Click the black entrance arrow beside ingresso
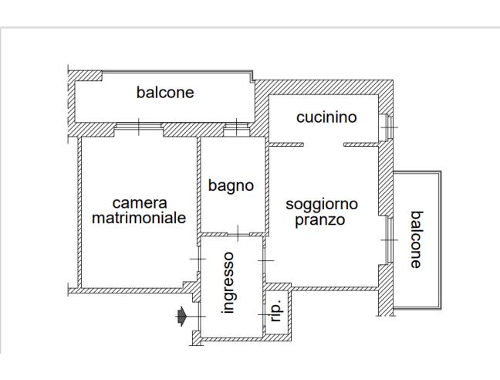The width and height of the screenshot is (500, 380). coord(181,315)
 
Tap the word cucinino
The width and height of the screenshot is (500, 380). coord(326,117)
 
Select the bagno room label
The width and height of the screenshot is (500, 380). coord(231,185)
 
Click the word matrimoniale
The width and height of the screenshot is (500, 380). coord(139,218)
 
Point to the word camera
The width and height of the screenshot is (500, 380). coord(139,203)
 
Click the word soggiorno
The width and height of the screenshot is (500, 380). coord(322,205)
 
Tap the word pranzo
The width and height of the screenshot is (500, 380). coord(319,220)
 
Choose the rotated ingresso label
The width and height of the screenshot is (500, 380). coord(229,282)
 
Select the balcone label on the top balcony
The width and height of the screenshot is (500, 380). coord(165,93)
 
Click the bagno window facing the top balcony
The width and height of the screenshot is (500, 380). coord(234,127)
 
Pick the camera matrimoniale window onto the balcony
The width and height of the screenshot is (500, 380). coord(139,127)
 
